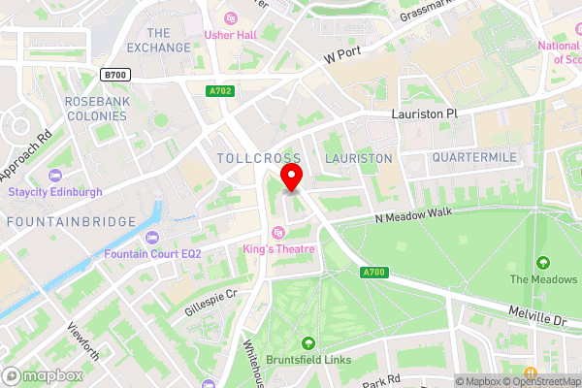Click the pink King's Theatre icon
coord(279,232)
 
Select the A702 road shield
coord(221,92)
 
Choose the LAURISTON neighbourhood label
coord(358,157)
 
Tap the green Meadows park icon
coord(542,262)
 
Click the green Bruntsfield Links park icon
coord(308,342)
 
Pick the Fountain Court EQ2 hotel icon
coord(152,238)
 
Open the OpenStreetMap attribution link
coord(540,381)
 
